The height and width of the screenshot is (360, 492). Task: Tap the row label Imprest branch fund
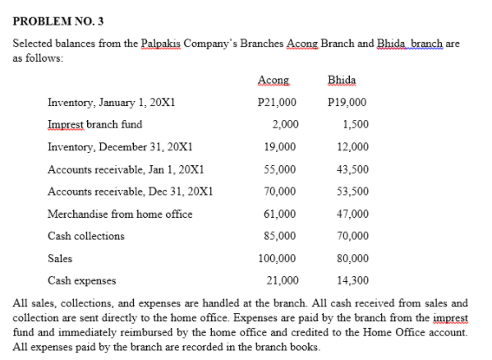pos(95,125)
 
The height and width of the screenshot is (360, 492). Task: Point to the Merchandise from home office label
pos(120,214)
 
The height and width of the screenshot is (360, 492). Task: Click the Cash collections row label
pos(86,236)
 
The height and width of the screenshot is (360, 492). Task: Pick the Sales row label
pos(60,258)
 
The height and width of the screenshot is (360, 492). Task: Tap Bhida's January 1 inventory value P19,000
pos(347,103)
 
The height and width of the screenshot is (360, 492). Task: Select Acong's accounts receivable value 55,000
pos(280,169)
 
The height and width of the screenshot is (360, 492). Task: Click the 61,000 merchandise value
pos(280,214)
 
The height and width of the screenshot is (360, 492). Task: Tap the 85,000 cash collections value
pos(280,236)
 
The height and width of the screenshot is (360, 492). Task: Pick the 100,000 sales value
pos(278,258)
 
